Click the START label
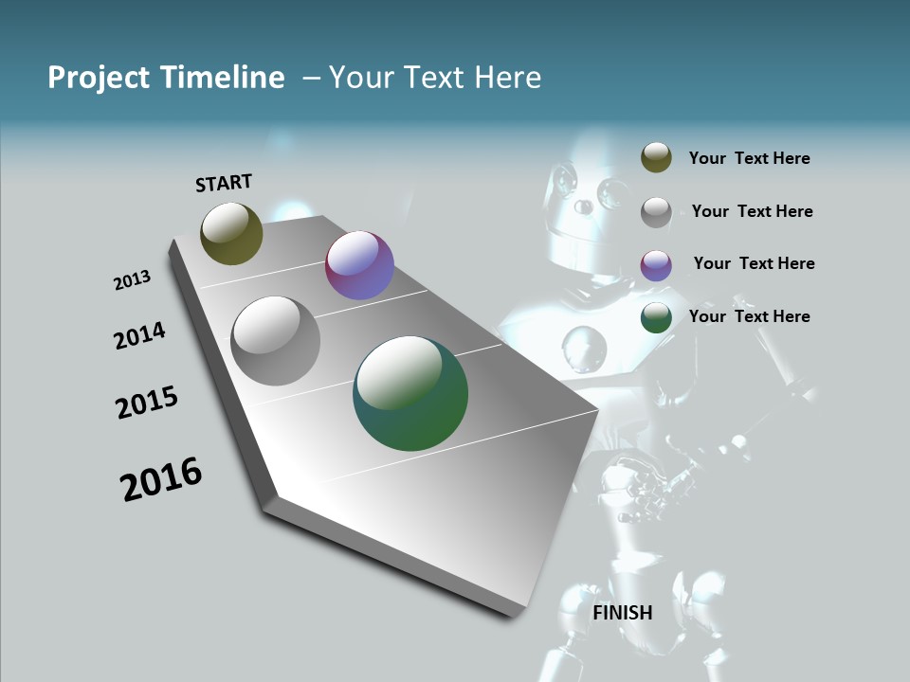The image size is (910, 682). [224, 182]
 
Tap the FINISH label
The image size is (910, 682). [623, 613]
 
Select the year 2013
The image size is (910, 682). [132, 280]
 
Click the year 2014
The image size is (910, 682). [139, 335]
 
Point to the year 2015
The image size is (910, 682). [147, 402]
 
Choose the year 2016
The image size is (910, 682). [161, 479]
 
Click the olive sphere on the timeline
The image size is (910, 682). [231, 233]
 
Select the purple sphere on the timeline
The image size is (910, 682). [359, 265]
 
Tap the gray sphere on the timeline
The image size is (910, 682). [275, 341]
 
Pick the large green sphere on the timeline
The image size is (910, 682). [410, 393]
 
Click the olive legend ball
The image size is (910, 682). [656, 158]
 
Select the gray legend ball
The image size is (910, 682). [656, 212]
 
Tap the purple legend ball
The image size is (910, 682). [656, 265]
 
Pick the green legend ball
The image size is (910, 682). [656, 318]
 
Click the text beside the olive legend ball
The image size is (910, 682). [749, 158]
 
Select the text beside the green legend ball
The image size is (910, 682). [749, 316]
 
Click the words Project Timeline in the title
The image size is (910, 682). [166, 78]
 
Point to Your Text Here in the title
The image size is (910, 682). [434, 78]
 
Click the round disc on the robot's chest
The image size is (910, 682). [584, 347]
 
